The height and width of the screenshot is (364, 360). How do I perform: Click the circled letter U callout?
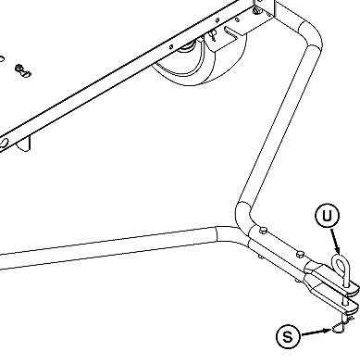click(x=326, y=218)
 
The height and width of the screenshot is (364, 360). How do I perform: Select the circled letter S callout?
click(x=288, y=337)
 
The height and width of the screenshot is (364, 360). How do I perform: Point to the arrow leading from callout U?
click(x=337, y=243)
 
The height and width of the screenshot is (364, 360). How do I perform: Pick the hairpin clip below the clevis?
click(x=341, y=323)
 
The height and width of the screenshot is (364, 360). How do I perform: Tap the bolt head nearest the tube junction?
click(x=264, y=231)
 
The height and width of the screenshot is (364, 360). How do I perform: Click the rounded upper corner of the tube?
click(x=310, y=37)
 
